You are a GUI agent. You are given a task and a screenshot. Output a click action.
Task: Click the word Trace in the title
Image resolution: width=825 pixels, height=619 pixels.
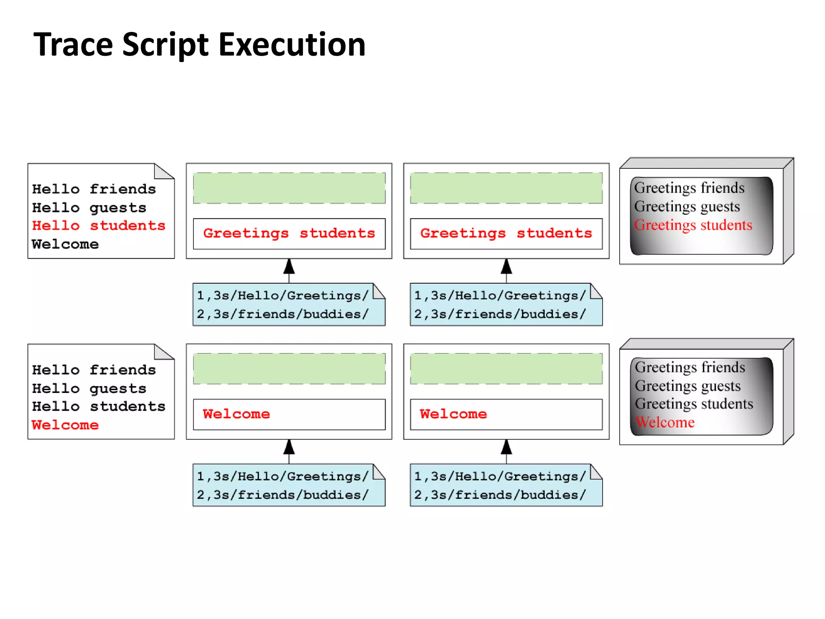73,44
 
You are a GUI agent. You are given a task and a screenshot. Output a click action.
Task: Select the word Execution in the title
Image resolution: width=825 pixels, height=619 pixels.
292,44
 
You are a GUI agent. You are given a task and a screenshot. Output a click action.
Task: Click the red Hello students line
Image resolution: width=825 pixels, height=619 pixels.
99,226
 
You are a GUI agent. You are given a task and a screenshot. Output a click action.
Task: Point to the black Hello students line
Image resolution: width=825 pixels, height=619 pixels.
99,406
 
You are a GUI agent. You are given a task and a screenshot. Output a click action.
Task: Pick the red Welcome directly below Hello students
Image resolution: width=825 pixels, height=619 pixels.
65,425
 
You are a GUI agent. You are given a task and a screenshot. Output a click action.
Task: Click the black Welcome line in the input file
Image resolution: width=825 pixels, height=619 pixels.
65,244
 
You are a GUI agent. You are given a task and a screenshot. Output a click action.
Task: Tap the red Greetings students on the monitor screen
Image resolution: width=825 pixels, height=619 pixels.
693,225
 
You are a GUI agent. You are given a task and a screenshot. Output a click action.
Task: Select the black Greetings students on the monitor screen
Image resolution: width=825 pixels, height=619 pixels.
694,404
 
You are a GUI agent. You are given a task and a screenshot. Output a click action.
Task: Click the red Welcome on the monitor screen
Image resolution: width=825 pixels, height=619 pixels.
665,422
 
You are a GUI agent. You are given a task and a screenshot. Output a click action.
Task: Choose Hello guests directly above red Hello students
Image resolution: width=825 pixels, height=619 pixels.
89,208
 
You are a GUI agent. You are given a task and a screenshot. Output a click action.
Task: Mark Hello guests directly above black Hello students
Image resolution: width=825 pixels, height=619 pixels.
89,388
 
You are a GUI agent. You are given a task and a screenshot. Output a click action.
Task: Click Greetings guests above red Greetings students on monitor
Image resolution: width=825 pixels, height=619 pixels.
687,206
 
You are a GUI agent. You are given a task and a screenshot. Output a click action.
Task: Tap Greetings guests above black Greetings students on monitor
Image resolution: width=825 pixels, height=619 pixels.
688,386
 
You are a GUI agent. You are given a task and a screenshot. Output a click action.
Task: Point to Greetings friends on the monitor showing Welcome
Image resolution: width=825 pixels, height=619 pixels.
690,367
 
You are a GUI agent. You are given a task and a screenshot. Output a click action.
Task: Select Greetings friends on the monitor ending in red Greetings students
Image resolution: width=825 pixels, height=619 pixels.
689,188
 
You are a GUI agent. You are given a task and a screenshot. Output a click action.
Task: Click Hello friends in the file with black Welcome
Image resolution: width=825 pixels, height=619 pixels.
94,189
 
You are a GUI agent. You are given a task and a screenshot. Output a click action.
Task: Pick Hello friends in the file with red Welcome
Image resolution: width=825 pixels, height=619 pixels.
94,370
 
